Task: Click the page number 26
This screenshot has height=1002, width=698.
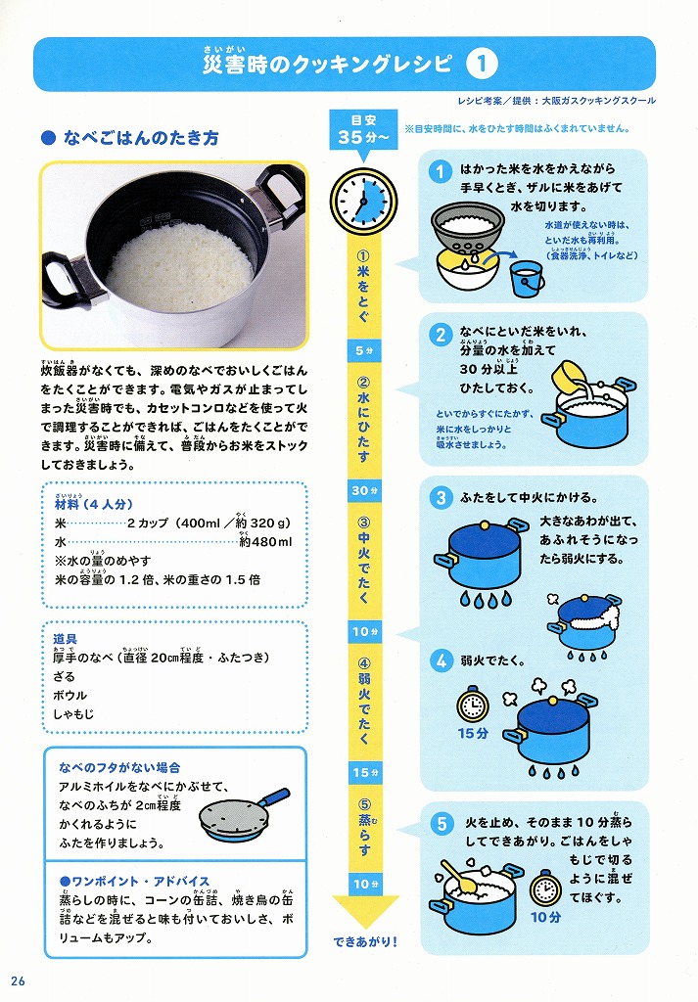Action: (18, 980)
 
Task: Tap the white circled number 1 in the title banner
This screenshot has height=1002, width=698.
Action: (482, 64)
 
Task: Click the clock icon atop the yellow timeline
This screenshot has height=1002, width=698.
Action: (363, 201)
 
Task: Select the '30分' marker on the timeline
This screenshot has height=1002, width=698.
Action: (364, 491)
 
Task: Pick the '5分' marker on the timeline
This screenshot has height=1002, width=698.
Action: (364, 351)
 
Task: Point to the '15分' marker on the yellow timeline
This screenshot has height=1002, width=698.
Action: (364, 773)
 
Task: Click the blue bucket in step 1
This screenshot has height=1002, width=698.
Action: (527, 278)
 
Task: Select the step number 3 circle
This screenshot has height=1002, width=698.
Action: (441, 498)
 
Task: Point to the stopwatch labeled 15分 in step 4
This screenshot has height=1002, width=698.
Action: (473, 705)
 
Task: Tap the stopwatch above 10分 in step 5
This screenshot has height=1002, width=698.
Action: (545, 888)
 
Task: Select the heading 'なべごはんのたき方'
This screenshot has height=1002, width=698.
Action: (141, 138)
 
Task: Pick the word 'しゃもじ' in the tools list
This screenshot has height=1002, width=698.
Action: (73, 713)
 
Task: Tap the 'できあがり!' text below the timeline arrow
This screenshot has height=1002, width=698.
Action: (365, 941)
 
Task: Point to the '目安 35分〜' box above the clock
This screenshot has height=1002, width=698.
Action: (364, 130)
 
